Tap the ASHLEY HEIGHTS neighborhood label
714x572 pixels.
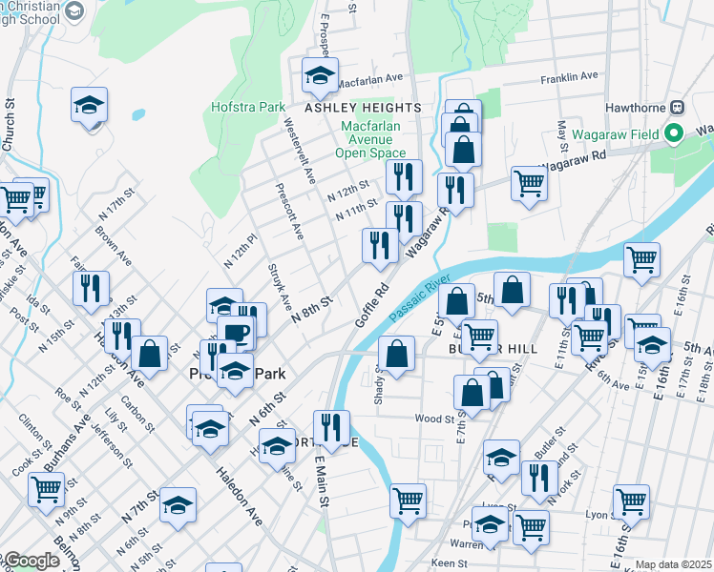tap(350, 108)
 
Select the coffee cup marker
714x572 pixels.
tap(236, 335)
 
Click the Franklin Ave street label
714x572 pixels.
tap(568, 76)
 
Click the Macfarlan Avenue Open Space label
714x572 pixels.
tap(370, 138)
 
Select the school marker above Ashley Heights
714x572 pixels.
tap(320, 75)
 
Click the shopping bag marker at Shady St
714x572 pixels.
tap(397, 354)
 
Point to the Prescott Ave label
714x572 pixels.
tap(288, 212)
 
